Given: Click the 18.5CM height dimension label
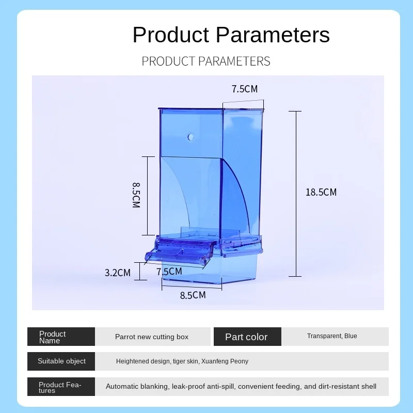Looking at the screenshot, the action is [x=321, y=192].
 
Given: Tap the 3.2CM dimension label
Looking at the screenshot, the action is [x=118, y=273].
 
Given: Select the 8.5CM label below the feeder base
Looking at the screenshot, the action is [x=193, y=295].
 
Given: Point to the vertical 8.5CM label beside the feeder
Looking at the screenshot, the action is [x=136, y=195].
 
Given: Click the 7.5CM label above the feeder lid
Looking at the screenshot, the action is [x=245, y=89].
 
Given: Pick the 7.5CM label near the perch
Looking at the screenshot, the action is [x=169, y=272].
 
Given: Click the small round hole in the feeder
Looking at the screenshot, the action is [x=190, y=137].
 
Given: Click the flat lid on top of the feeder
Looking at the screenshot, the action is [x=211, y=108].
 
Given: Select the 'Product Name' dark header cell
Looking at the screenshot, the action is [x=61, y=337].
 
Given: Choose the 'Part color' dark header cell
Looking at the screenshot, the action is [x=247, y=337].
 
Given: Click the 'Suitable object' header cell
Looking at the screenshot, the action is [x=61, y=361].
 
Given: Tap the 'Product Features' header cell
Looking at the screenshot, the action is [x=61, y=387].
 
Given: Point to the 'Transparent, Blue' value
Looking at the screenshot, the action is [x=332, y=336].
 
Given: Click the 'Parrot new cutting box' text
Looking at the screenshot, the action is [x=152, y=337].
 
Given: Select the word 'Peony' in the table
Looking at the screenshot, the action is [x=240, y=361].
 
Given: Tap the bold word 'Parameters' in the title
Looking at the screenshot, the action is [x=273, y=35].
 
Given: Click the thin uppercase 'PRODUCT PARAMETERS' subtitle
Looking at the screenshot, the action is [x=206, y=61].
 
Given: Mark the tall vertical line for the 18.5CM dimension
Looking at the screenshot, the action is [x=296, y=194].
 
